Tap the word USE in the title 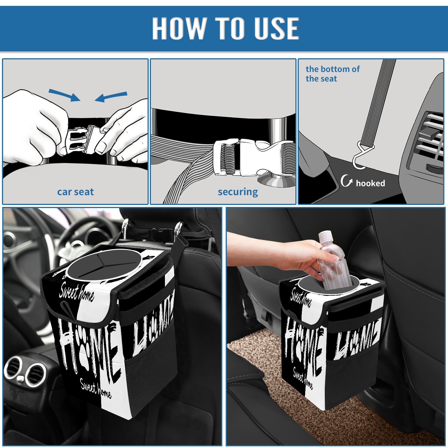click(x=271, y=28)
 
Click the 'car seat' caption click(x=75, y=192)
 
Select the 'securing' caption click(x=238, y=192)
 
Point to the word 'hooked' click(x=370, y=183)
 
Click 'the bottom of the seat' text click(x=332, y=74)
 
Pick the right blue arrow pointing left click(x=111, y=97)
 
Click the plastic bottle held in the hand click(x=334, y=260)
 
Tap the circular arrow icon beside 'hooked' click(x=346, y=181)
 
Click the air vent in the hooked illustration click(x=428, y=140)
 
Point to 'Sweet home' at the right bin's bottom click(x=303, y=378)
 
